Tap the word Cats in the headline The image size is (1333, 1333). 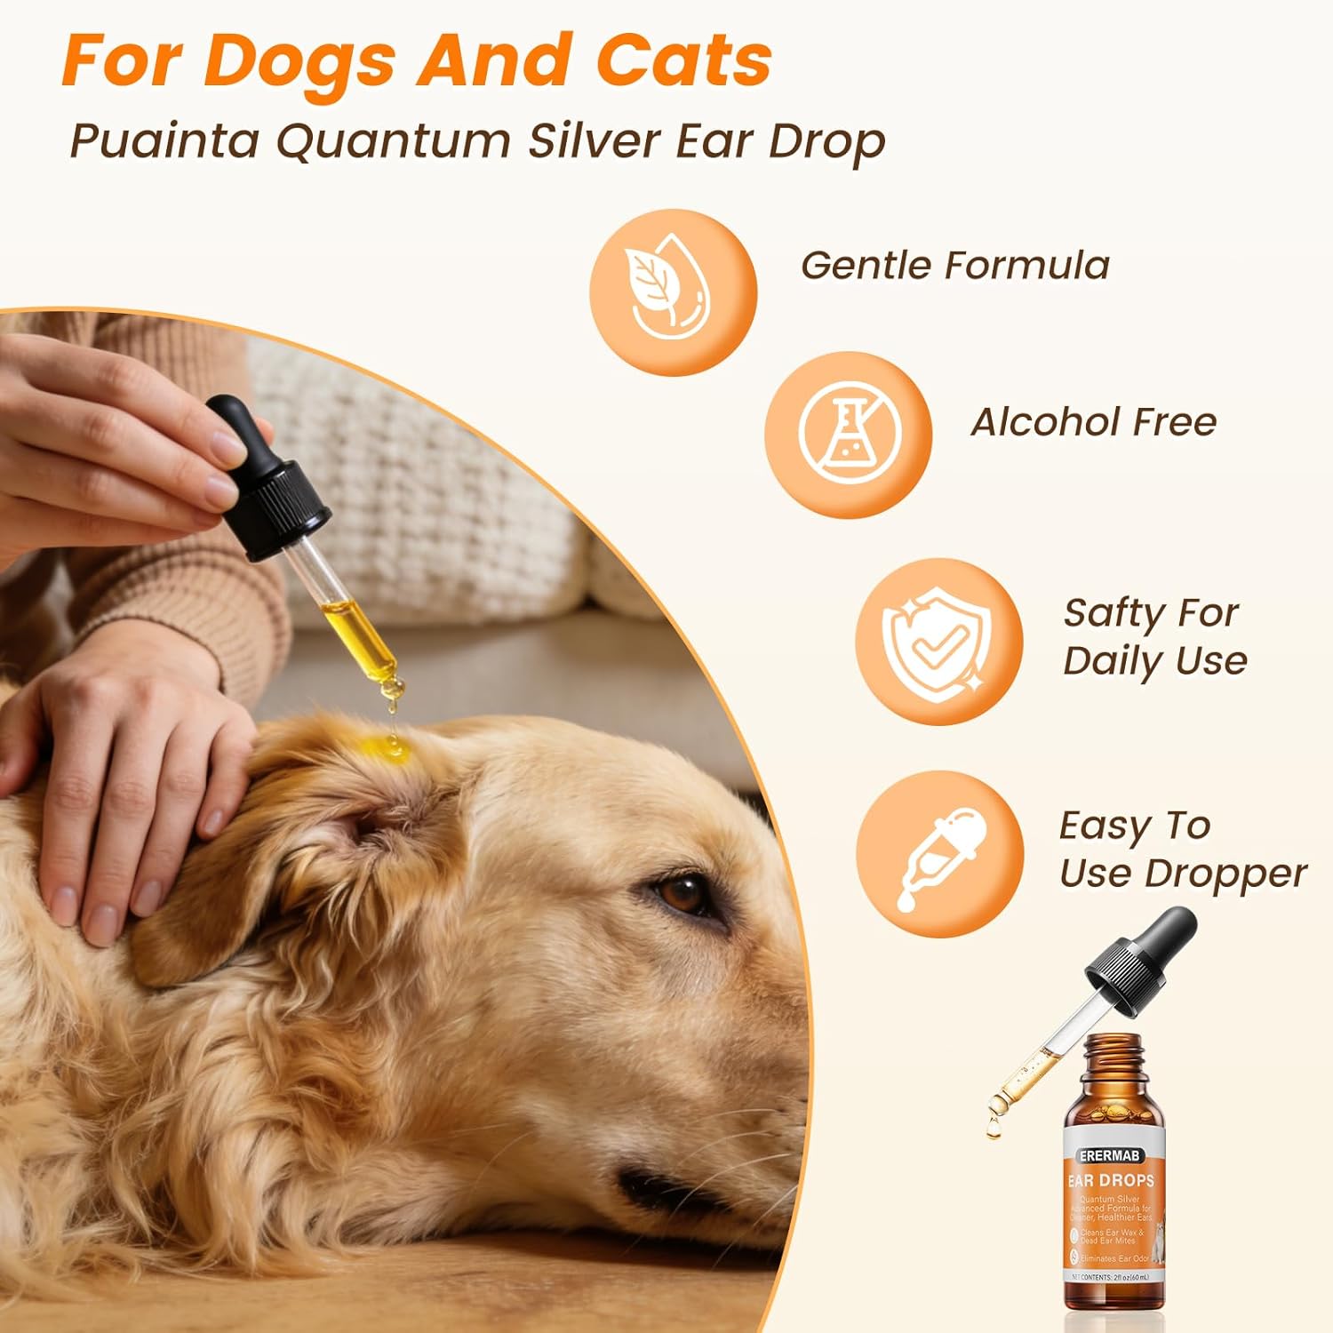683,60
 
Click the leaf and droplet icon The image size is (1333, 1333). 673,292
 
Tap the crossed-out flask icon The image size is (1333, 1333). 848,434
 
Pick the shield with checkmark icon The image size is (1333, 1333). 938,642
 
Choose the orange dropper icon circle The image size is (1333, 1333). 939,854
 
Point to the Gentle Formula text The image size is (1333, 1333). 955,265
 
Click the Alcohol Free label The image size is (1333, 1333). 1093,422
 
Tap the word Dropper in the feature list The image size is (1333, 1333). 1225,874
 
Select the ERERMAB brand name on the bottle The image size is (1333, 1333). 1110,1155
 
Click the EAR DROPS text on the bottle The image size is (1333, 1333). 1111,1180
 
